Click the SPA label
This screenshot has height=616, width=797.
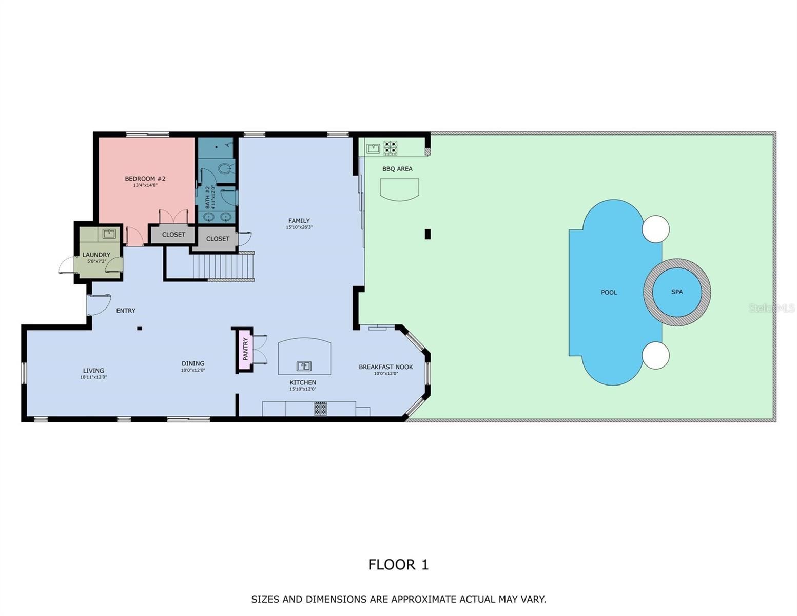coord(677,292)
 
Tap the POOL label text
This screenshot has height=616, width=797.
coord(609,293)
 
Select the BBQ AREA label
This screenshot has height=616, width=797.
coord(397,169)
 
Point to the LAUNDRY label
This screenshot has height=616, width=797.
coord(96,255)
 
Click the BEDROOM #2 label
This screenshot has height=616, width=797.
coord(145,179)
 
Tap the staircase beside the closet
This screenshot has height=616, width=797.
coord(223,266)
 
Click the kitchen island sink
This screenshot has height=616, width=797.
coord(304,366)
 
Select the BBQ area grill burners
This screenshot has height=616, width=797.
coord(390,148)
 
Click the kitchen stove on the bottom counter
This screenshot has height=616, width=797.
coord(320,409)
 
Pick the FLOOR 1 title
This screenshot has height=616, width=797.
coord(398,564)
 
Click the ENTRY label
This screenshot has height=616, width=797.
coord(126,311)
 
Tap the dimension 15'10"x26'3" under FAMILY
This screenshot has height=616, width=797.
coord(299,227)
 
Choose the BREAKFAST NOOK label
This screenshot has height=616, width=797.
coord(386,367)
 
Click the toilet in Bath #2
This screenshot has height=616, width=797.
coord(225,168)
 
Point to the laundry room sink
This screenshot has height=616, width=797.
coord(109,234)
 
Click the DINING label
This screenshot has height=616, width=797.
coord(193,363)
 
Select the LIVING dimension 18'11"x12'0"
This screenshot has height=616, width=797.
coord(93,377)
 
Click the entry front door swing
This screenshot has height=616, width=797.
coord(99,304)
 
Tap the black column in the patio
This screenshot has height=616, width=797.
coord(427,234)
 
